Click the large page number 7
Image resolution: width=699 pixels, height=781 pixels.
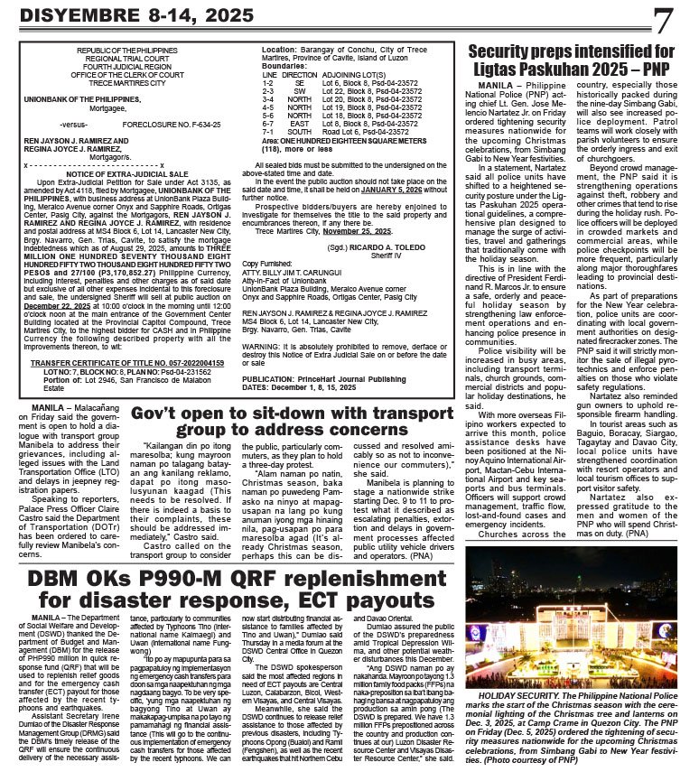(x=664, y=20)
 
